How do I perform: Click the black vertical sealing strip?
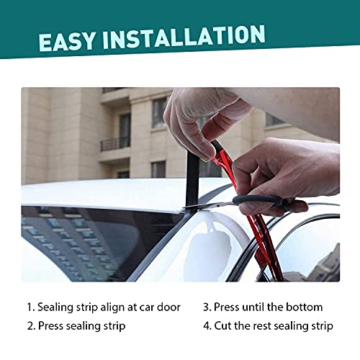[x=192, y=173]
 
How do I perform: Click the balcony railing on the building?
[x=114, y=144]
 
